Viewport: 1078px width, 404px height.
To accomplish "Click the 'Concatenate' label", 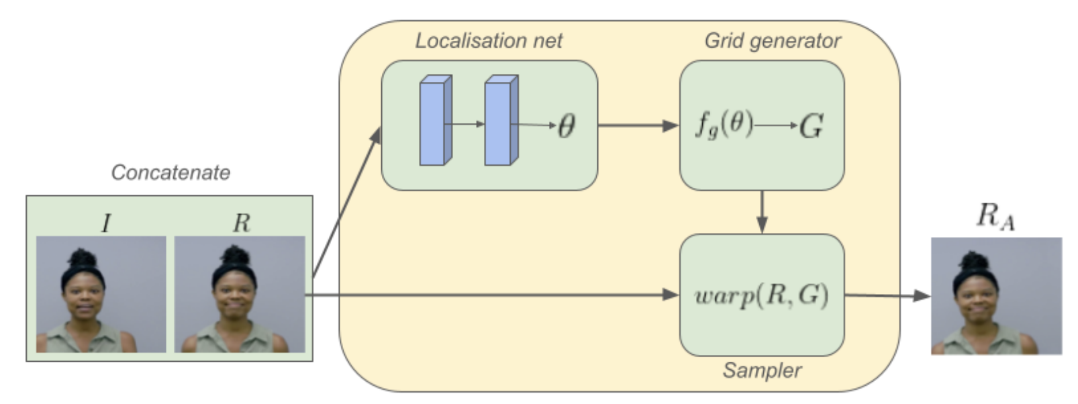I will [x=170, y=172].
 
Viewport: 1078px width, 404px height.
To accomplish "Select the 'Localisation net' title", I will [x=488, y=41].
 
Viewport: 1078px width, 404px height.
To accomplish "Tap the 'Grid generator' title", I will [x=772, y=41].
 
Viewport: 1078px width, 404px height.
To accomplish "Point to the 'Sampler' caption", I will [x=762, y=370].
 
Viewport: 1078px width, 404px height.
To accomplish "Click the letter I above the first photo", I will [x=105, y=223].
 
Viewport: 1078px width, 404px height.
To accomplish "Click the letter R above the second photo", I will [x=241, y=223].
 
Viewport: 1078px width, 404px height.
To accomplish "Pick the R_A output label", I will [x=995, y=216].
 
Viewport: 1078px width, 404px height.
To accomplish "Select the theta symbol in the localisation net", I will [x=566, y=125].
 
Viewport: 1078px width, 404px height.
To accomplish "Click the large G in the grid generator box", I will [x=812, y=126].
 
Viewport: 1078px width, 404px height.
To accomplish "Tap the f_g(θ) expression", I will [x=724, y=125].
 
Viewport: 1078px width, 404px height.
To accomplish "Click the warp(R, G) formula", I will [x=761, y=295].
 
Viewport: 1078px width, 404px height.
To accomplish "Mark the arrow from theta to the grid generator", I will [x=638, y=125].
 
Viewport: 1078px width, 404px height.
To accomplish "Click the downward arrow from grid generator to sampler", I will [x=762, y=212].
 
